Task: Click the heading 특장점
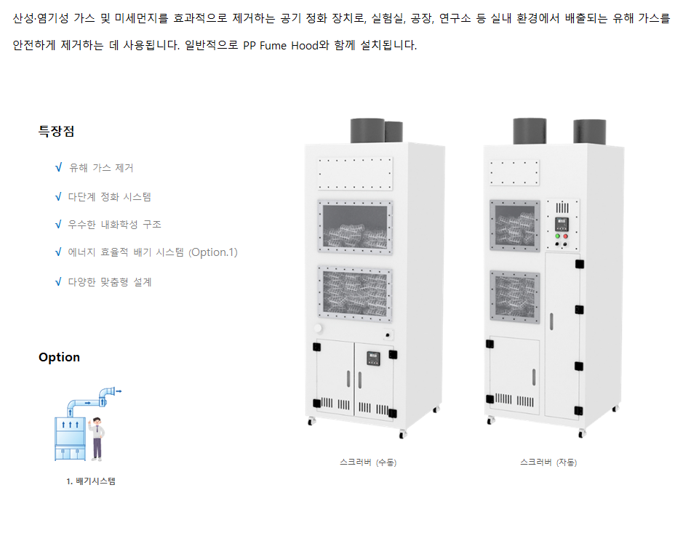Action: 56,132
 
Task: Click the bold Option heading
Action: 59,357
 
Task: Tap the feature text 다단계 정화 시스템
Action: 109,196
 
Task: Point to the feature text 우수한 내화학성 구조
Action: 114,225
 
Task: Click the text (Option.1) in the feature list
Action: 212,252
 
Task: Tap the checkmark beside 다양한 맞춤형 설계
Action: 58,281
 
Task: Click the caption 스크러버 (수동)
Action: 368,462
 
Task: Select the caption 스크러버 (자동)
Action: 548,462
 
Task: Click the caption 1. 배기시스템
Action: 90,481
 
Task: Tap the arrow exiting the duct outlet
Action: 118,391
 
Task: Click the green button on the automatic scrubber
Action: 558,236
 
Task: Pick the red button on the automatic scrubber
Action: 567,236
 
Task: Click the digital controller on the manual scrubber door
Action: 372,357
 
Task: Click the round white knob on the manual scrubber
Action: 318,329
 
